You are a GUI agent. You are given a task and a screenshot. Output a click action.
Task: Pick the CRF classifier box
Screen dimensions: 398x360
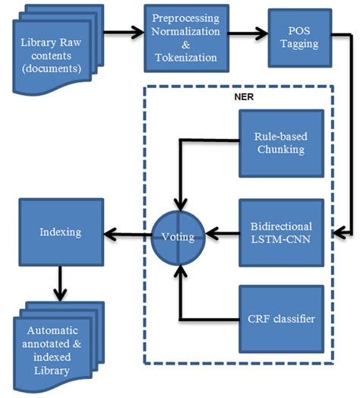coord(280,317)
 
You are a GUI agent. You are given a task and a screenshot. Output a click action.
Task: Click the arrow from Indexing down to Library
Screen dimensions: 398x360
coord(58,286)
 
